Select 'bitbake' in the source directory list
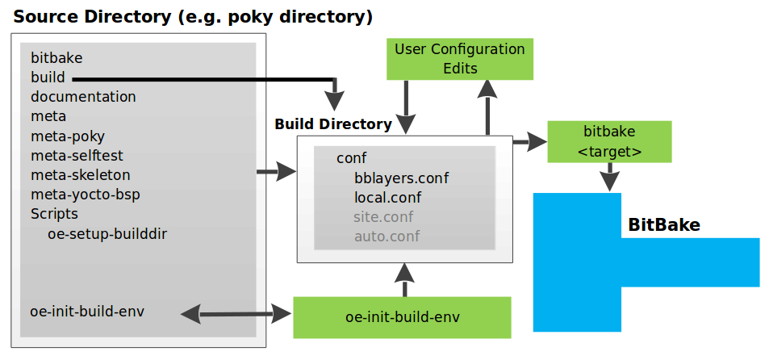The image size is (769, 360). pyautogui.click(x=56, y=58)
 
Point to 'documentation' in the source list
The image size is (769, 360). pyautogui.click(x=83, y=97)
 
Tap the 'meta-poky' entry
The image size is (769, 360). pyautogui.click(x=68, y=136)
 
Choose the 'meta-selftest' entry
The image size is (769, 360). pyautogui.click(x=77, y=156)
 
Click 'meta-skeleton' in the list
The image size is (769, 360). pyautogui.click(x=80, y=175)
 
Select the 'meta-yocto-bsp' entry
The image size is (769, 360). pyautogui.click(x=86, y=195)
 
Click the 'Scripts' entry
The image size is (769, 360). pyautogui.click(x=54, y=214)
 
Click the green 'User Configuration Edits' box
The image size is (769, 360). pyautogui.click(x=459, y=59)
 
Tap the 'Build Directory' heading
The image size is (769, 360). pyautogui.click(x=332, y=124)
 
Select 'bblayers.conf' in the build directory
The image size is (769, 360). pyautogui.click(x=401, y=178)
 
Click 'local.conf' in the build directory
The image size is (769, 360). pyautogui.click(x=387, y=197)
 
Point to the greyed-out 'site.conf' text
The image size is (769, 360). pyautogui.click(x=383, y=217)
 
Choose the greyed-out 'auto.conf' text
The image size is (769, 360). pyautogui.click(x=387, y=237)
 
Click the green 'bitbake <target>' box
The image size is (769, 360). pyautogui.click(x=609, y=141)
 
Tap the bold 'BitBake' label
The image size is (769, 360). pyautogui.click(x=663, y=225)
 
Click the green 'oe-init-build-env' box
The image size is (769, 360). pyautogui.click(x=401, y=316)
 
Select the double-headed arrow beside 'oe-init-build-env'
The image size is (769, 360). pyautogui.click(x=236, y=313)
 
